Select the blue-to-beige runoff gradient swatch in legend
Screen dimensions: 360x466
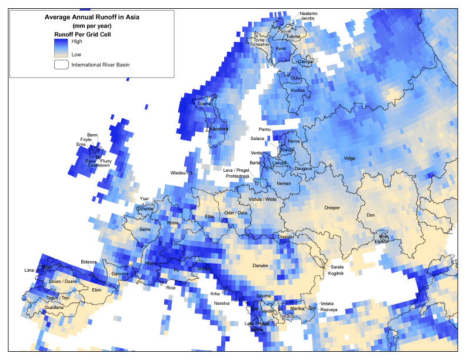click(61, 48)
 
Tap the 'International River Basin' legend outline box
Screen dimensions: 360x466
click(61, 65)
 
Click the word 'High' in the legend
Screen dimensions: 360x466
click(77, 42)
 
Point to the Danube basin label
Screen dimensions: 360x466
click(260, 266)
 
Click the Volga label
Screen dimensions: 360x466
click(349, 158)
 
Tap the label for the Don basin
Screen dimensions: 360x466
click(371, 215)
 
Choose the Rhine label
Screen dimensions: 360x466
click(172, 223)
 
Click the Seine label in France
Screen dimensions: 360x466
click(145, 229)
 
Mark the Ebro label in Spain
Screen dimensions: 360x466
click(97, 289)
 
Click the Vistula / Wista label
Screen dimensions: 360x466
click(262, 199)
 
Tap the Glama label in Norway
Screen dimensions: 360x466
click(205, 104)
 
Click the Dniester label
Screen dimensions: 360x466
click(286, 236)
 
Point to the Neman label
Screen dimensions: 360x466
click(284, 184)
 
